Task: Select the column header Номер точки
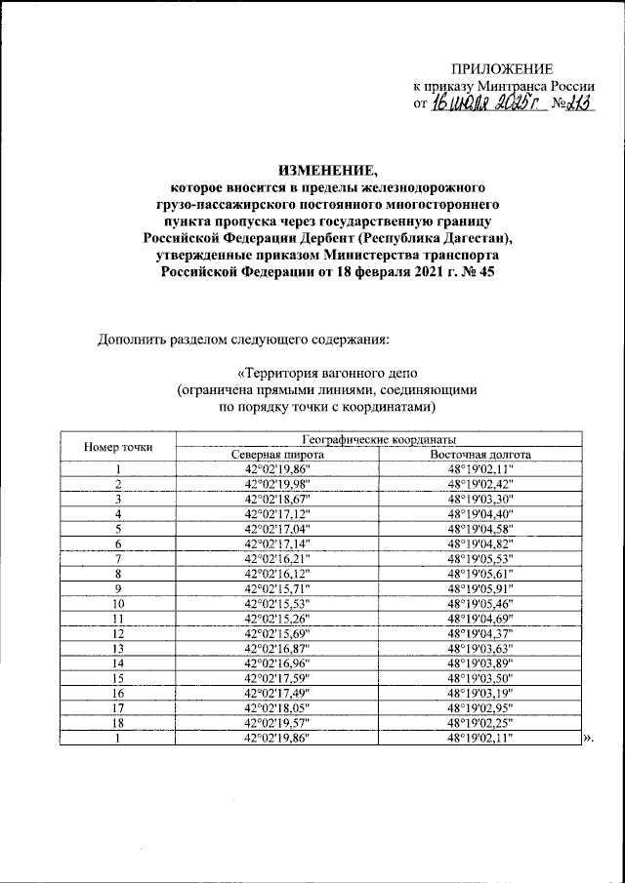click(117, 447)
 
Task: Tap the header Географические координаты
click(380, 440)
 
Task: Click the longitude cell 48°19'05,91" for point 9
click(479, 588)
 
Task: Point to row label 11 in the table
click(117, 619)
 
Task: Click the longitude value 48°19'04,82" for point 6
click(479, 543)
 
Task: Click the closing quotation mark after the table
click(587, 740)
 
